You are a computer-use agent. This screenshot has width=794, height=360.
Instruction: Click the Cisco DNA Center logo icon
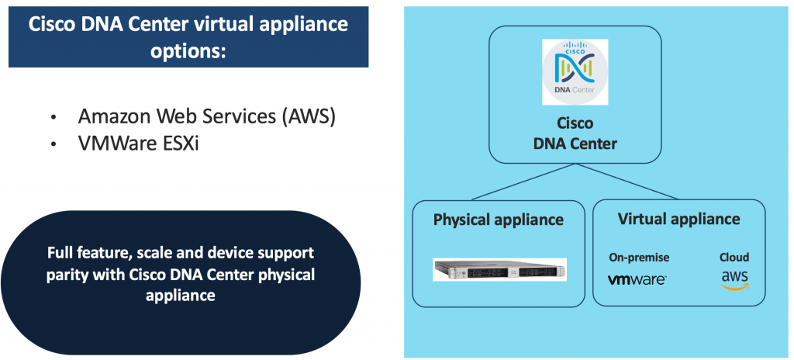click(x=575, y=71)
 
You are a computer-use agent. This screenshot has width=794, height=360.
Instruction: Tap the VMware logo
click(x=638, y=279)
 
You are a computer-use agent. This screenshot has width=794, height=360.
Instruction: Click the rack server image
click(x=499, y=269)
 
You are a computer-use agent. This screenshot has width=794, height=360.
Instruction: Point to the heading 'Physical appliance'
click(x=499, y=220)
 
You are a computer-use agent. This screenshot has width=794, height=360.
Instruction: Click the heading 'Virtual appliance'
click(x=678, y=219)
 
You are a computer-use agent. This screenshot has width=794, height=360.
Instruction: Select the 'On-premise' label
click(x=638, y=258)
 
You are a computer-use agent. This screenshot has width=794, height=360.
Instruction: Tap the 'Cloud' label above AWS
click(x=734, y=258)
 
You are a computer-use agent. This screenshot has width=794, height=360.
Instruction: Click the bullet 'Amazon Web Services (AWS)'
click(x=206, y=117)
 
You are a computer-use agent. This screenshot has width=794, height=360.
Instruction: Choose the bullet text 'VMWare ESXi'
click(x=139, y=144)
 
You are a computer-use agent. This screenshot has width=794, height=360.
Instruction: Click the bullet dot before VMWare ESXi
click(x=54, y=145)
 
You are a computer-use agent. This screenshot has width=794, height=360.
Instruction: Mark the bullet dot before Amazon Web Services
click(x=54, y=119)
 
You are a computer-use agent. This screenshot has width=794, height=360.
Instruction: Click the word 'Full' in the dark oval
click(x=60, y=254)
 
